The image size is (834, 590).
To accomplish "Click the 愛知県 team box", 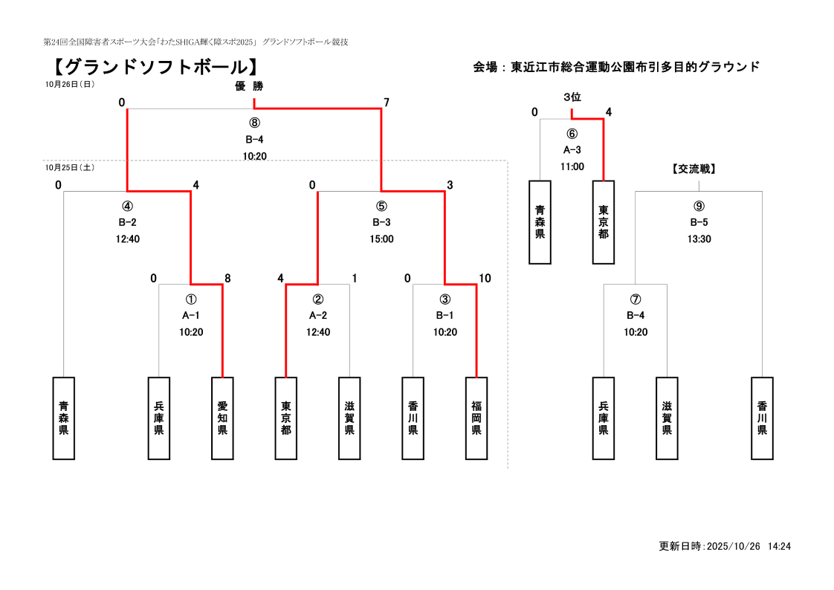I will pyautogui.click(x=222, y=418).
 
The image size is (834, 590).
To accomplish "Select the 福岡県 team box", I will pyautogui.click(x=476, y=418).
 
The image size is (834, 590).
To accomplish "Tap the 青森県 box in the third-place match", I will pyautogui.click(x=540, y=222).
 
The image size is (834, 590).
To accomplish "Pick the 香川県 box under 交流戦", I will pyautogui.click(x=762, y=418).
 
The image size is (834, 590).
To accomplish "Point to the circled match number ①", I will pyautogui.click(x=191, y=299).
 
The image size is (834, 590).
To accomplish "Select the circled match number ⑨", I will pyautogui.click(x=699, y=206).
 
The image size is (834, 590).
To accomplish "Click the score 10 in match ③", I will pyautogui.click(x=485, y=279).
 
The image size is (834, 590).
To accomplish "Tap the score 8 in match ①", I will pyautogui.click(x=227, y=279).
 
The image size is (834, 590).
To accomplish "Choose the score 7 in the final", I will pyautogui.click(x=386, y=103).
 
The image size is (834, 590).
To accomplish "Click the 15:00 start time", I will pyautogui.click(x=381, y=239).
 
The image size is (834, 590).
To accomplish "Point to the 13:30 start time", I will pyautogui.click(x=699, y=239).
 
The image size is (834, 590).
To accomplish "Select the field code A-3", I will pyautogui.click(x=572, y=150).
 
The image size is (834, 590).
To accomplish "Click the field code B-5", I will pyautogui.click(x=699, y=222).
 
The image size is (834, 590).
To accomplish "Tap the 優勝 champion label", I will pyautogui.click(x=249, y=86).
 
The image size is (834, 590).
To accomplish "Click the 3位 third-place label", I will pyautogui.click(x=572, y=97).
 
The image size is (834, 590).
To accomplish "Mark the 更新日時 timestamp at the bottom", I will pyautogui.click(x=725, y=546).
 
